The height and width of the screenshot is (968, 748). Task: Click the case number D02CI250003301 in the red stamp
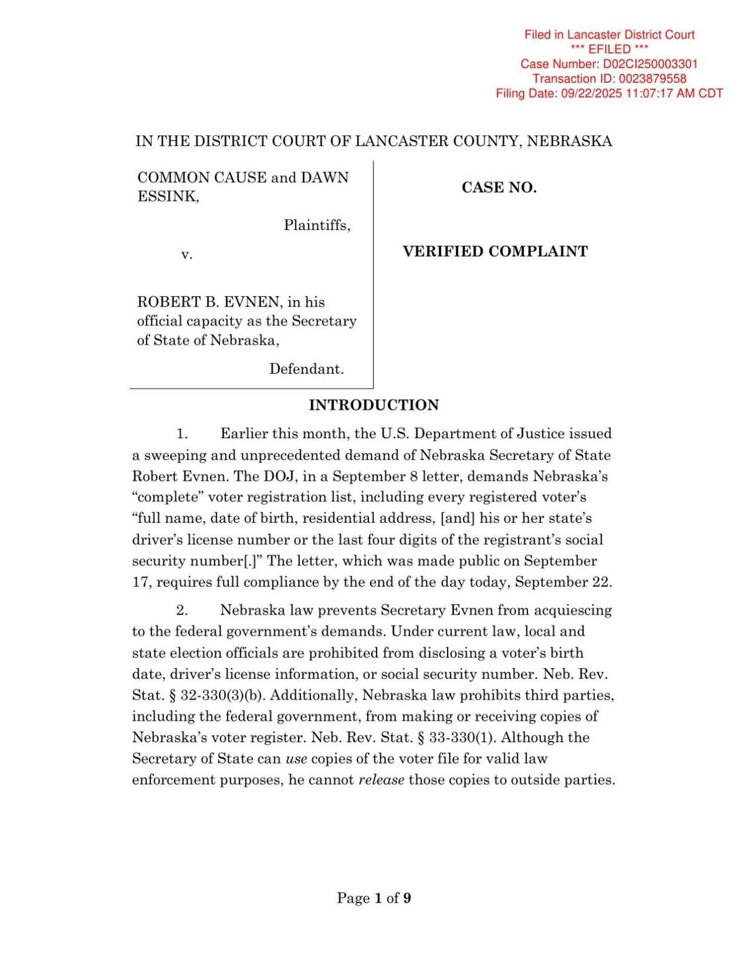pos(650,64)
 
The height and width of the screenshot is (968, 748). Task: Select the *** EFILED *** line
pos(609,49)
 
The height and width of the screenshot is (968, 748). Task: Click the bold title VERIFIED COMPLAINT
pos(495,252)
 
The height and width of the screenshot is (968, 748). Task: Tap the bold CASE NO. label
pos(499,188)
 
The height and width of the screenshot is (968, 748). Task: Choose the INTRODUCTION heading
pos(373,405)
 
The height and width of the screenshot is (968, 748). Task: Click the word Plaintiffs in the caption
pos(316,225)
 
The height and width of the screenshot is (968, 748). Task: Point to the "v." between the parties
pos(186,254)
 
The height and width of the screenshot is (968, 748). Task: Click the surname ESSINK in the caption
pos(168,197)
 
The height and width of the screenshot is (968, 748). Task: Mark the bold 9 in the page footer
pos(407,898)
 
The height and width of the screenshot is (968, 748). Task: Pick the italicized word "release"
pos(381,780)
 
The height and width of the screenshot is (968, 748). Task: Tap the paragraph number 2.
pos(181,610)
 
